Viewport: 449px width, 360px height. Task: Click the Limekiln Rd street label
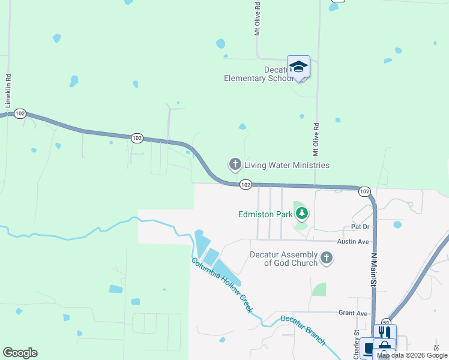(x=8, y=91)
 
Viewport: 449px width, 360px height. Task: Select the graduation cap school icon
(x=298, y=66)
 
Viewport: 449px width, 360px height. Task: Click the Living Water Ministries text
(x=286, y=165)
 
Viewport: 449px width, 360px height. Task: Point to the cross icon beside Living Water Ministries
(x=235, y=164)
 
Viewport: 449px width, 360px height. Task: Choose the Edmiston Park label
(x=265, y=214)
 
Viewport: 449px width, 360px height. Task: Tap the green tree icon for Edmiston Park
(x=301, y=213)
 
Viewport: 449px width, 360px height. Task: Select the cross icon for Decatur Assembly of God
(x=326, y=258)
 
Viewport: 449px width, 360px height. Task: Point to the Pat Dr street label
(x=360, y=227)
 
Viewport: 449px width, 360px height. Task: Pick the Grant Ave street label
(x=352, y=313)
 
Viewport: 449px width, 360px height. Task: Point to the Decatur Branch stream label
(x=303, y=330)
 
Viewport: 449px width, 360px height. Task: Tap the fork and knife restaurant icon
(x=384, y=332)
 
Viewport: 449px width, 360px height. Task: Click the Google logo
(x=20, y=353)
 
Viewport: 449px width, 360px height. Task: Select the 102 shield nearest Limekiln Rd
(x=20, y=113)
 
